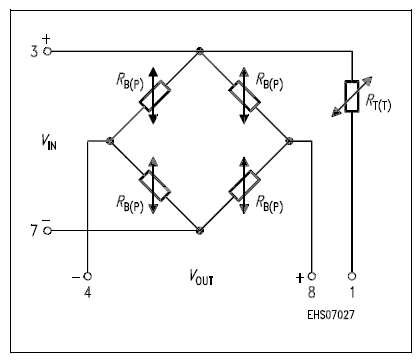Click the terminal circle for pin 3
click(x=48, y=51)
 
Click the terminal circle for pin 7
click(x=48, y=230)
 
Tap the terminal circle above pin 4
click(x=87, y=275)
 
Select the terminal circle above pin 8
click(x=312, y=275)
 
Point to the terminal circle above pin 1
click(x=351, y=275)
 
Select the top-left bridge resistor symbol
click(x=153, y=95)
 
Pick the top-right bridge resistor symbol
click(x=244, y=95)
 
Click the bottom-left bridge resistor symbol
click(x=153, y=185)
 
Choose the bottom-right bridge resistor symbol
click(x=244, y=185)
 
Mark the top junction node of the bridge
click(x=200, y=51)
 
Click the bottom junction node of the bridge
click(x=200, y=230)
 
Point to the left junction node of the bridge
click(x=109, y=141)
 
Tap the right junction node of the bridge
click(x=289, y=141)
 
